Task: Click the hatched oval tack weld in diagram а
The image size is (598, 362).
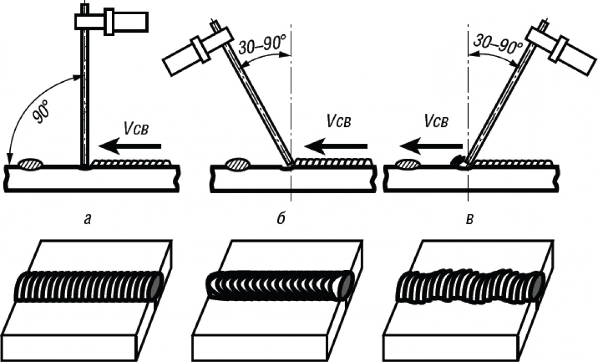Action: pos(31,163)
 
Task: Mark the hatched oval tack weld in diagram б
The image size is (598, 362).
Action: pos(237,163)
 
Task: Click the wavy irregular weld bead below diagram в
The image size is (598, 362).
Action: pos(470,285)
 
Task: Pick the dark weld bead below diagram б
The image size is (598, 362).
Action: pos(280,285)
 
